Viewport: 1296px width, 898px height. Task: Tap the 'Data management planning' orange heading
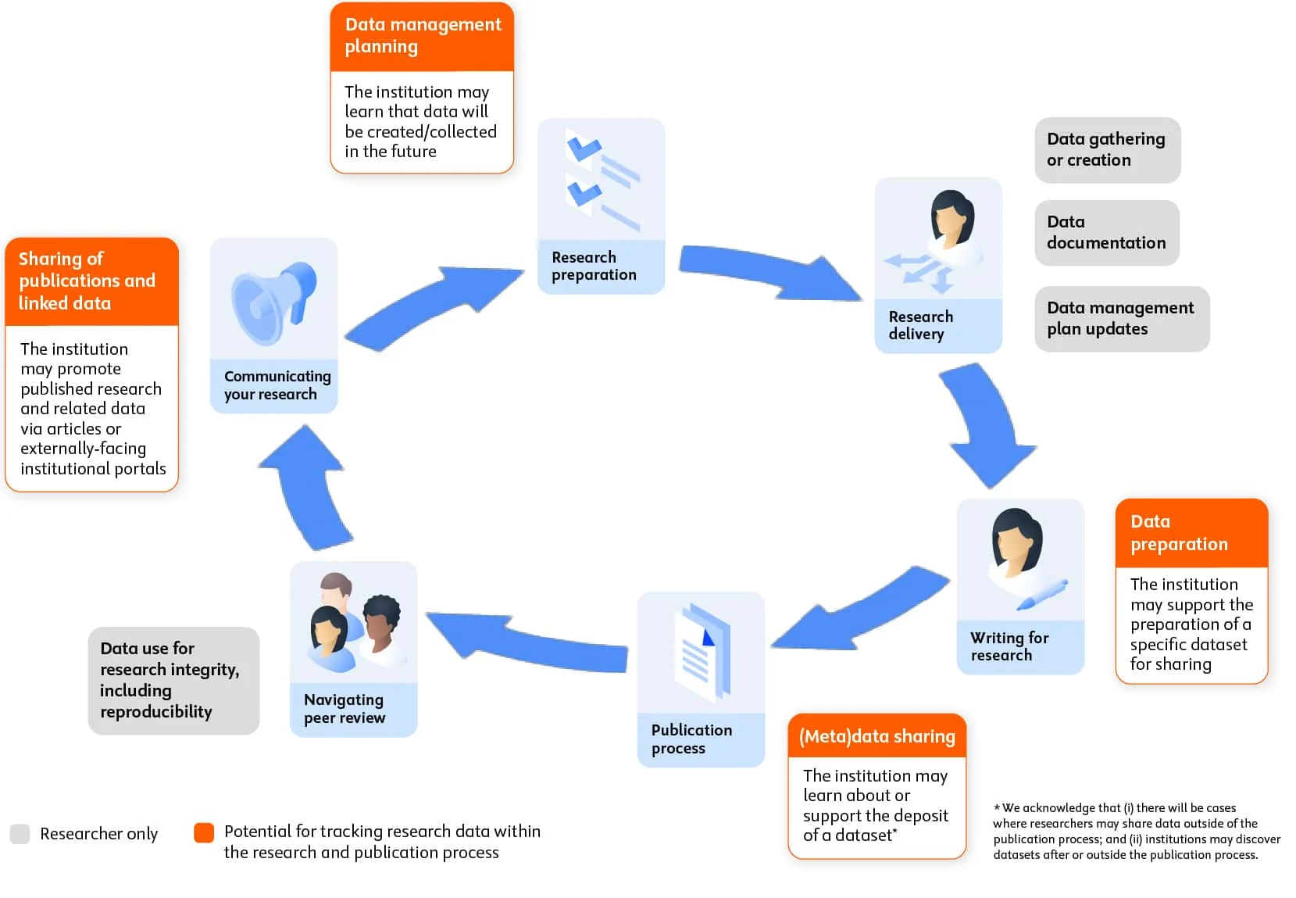[422, 36]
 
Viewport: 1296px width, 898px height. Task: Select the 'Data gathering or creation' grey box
[1106, 150]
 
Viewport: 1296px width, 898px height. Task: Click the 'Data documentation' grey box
[1106, 233]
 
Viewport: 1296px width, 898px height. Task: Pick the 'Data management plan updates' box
[1121, 319]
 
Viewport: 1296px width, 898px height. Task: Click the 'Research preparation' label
[594, 267]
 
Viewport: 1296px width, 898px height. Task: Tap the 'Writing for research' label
[1009, 647]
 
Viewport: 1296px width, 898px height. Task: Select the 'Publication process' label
[691, 739]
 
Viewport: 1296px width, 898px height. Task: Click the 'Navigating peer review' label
[345, 709]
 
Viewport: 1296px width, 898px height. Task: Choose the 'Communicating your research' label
[277, 385]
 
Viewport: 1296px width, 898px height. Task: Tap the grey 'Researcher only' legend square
[20, 833]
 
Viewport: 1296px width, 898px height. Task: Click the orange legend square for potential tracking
[204, 832]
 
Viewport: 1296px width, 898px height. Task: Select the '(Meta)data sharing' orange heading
[876, 736]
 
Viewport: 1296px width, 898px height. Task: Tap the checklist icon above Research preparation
[601, 181]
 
